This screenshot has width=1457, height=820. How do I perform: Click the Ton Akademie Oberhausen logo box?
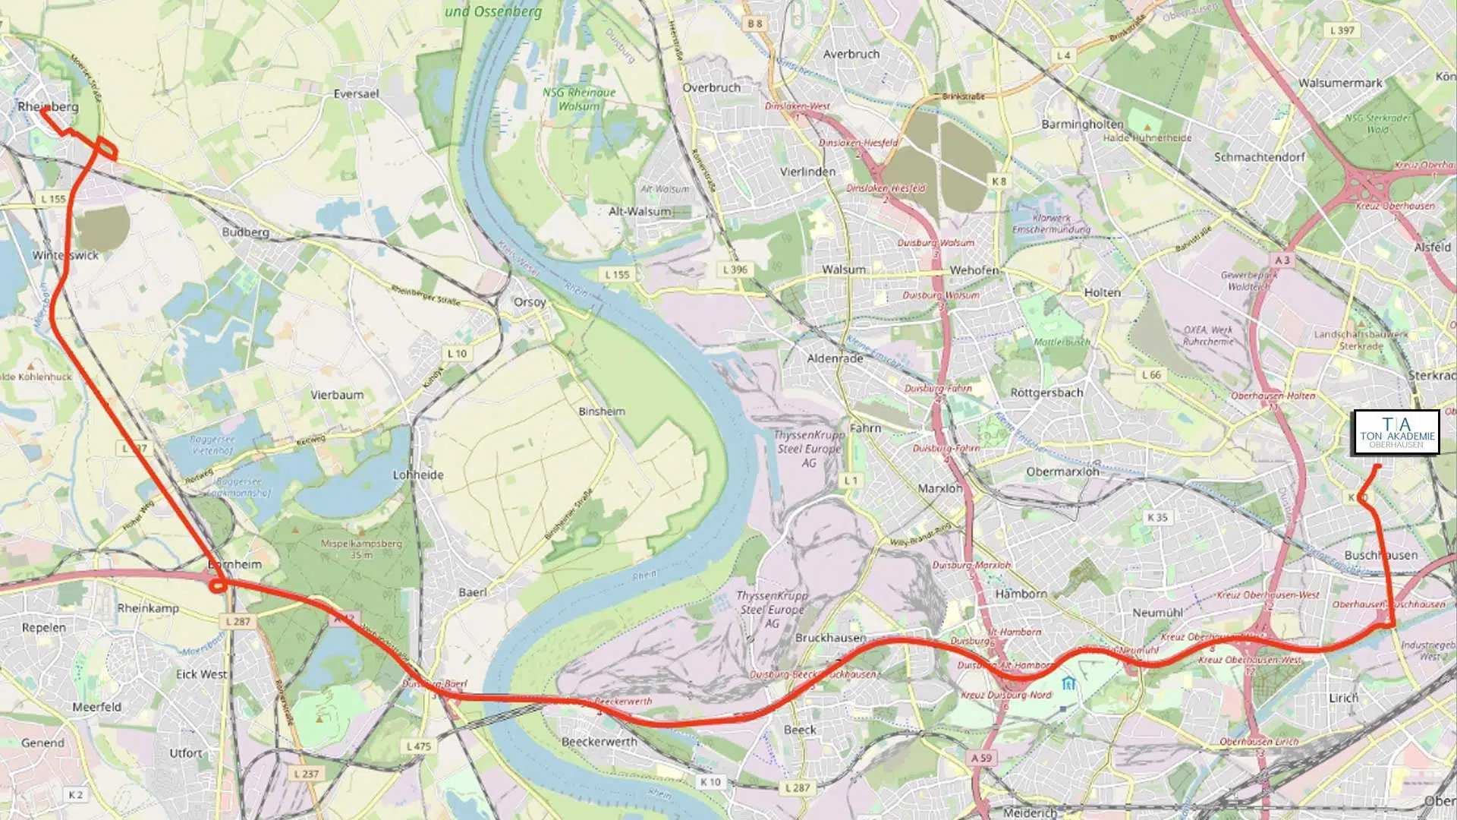[x=1396, y=433]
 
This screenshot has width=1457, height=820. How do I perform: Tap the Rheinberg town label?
[x=48, y=106]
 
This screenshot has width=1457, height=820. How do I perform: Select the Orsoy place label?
[x=530, y=301]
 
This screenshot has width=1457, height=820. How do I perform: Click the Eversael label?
[x=356, y=93]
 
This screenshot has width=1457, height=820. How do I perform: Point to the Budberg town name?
[x=245, y=232]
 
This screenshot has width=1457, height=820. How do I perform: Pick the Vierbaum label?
[x=337, y=395]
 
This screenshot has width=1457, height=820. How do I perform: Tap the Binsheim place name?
[x=602, y=411]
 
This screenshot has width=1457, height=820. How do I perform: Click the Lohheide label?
[x=418, y=475]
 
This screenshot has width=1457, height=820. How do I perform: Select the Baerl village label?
[x=473, y=591]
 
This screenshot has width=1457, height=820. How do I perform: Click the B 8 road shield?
[x=754, y=24]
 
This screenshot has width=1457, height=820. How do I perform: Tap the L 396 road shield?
[x=735, y=269]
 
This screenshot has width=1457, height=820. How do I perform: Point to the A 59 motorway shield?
[x=981, y=758]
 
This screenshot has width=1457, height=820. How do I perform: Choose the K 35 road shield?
[x=1157, y=517]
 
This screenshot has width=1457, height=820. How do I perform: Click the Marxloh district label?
[x=939, y=488]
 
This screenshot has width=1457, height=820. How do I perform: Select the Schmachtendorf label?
[x=1259, y=157]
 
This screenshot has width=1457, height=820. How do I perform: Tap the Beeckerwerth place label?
[x=599, y=741]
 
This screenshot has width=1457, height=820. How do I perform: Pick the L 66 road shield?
[x=1151, y=374]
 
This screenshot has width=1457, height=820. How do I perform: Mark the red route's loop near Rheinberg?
[x=106, y=150]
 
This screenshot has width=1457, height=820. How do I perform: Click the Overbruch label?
[x=711, y=87]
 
